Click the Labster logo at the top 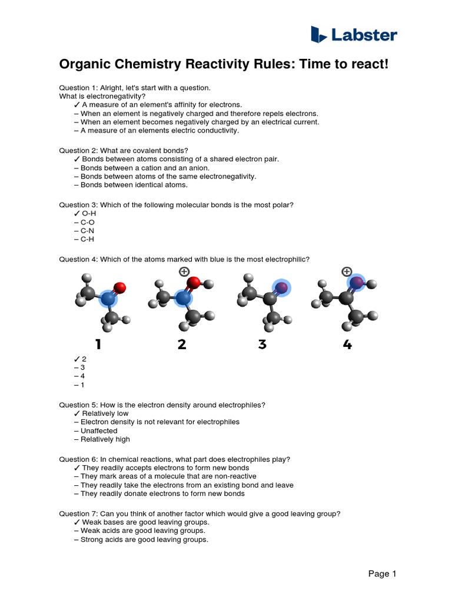[x=354, y=35]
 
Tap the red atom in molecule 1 [x=119, y=287]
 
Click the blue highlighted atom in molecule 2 [x=184, y=299]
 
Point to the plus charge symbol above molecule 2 [x=184, y=271]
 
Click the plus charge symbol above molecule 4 [x=347, y=271]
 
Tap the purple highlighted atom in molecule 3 [x=282, y=287]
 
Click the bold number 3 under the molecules [x=262, y=344]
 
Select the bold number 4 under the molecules [x=347, y=344]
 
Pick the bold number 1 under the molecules [x=98, y=344]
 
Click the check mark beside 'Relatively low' [x=77, y=413]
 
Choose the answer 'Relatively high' [x=105, y=439]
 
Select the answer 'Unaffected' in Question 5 [x=99, y=430]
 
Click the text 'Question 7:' [x=78, y=513]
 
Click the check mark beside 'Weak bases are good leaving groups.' [x=77, y=522]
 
